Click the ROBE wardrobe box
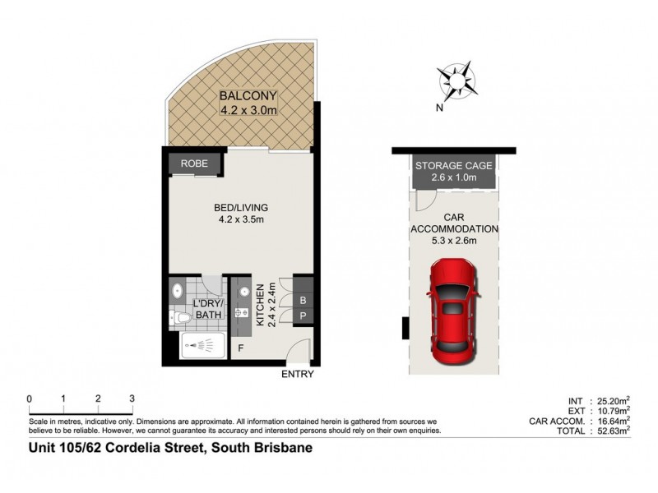[195, 164]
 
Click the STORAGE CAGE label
[453, 165]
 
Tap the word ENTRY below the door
[297, 374]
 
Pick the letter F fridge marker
[241, 348]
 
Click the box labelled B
[302, 300]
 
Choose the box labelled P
[302, 316]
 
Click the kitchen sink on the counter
[242, 313]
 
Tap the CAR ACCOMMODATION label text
[454, 223]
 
